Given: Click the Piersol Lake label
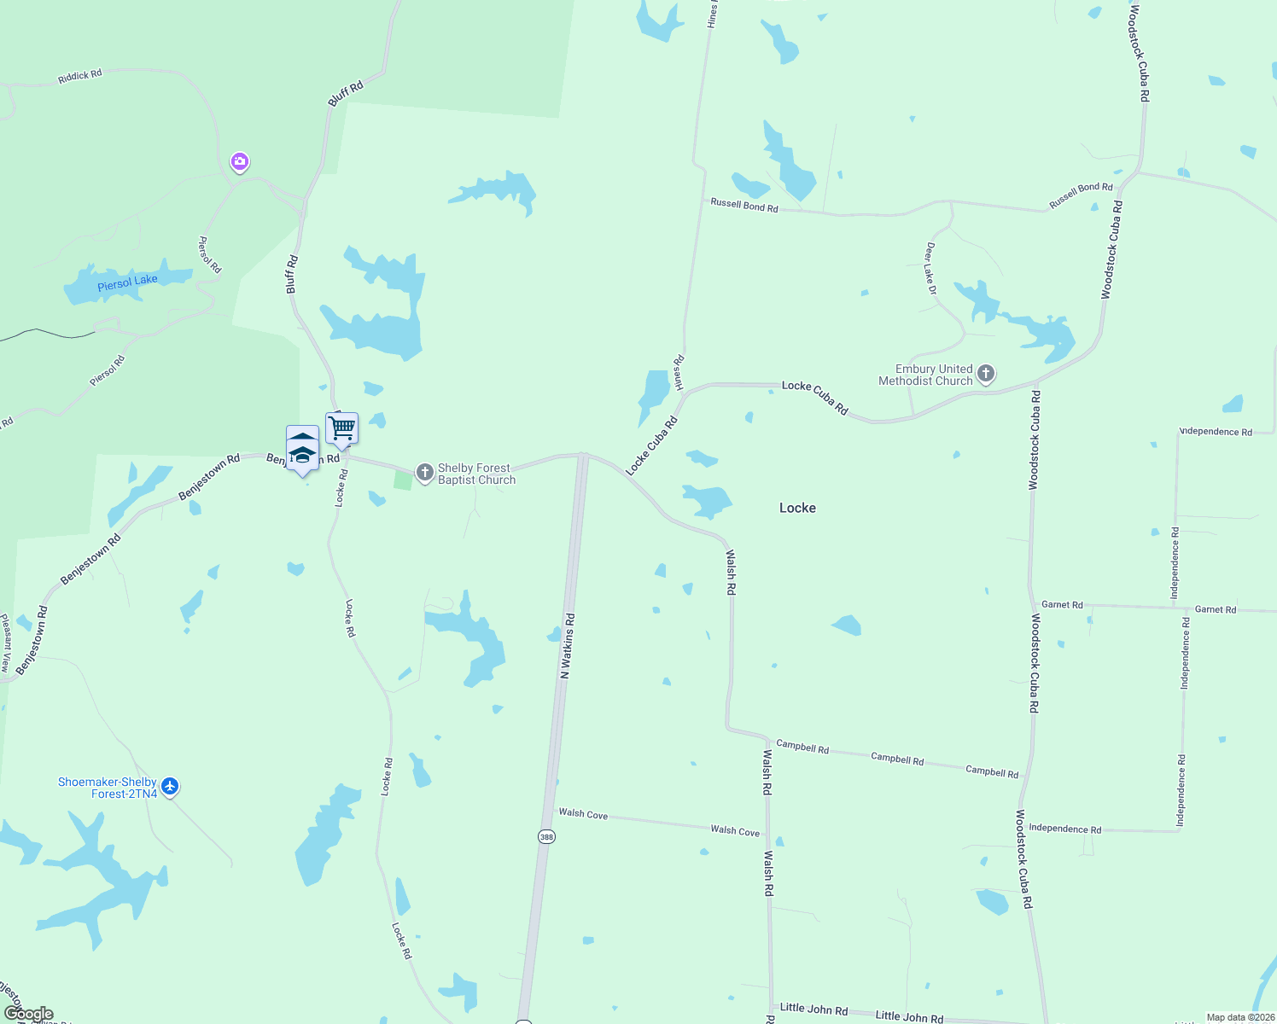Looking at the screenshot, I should pyautogui.click(x=127, y=283).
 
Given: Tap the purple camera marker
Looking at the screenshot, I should pyautogui.click(x=240, y=161).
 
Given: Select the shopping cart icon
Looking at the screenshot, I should pyautogui.click(x=341, y=428).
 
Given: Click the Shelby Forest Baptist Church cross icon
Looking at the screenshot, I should pyautogui.click(x=425, y=472).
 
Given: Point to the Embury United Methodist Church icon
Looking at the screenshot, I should pyautogui.click(x=986, y=373).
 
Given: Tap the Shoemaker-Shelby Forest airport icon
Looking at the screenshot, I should pyautogui.click(x=170, y=786).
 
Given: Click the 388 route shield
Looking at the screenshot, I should pyautogui.click(x=546, y=836).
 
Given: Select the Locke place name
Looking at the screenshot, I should pyautogui.click(x=797, y=508).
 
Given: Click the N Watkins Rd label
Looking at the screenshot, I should pyautogui.click(x=568, y=646).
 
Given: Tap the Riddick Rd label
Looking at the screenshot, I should pyautogui.click(x=79, y=77).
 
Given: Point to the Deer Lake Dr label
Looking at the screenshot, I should pyautogui.click(x=930, y=269).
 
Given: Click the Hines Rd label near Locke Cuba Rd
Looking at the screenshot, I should pyautogui.click(x=679, y=373).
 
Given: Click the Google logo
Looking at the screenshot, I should pyautogui.click(x=28, y=1014).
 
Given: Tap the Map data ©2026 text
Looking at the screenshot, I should pyautogui.click(x=1239, y=1017).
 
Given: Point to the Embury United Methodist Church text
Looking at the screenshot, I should pyautogui.click(x=926, y=375).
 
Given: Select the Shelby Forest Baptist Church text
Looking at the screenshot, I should pyautogui.click(x=476, y=474).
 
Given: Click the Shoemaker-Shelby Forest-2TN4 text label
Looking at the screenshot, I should pyautogui.click(x=108, y=788).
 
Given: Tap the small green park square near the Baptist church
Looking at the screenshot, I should pyautogui.click(x=403, y=479).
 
